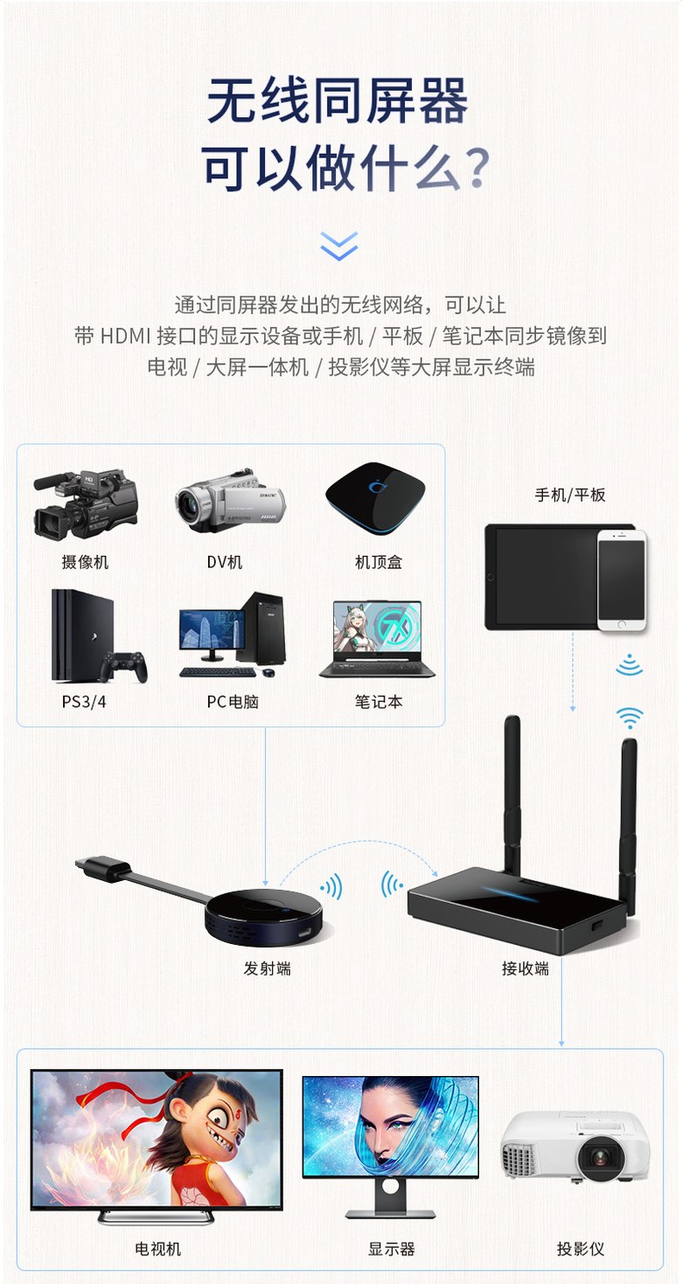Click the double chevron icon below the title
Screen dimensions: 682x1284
click(339, 246)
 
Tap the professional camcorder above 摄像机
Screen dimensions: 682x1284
click(86, 503)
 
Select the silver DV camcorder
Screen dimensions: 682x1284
click(231, 500)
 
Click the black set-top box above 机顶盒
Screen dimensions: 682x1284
click(375, 498)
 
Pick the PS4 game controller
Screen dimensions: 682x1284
click(124, 667)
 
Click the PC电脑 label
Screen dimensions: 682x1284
click(233, 702)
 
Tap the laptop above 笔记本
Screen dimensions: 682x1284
click(377, 639)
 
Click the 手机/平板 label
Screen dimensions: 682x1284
click(569, 495)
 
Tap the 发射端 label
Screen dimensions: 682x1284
click(268, 968)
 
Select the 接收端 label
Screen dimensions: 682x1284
click(525, 968)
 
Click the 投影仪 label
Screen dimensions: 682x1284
click(581, 1248)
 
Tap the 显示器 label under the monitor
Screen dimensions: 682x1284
click(391, 1248)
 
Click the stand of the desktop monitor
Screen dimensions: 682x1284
click(391, 1198)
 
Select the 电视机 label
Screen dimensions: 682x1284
click(157, 1248)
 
